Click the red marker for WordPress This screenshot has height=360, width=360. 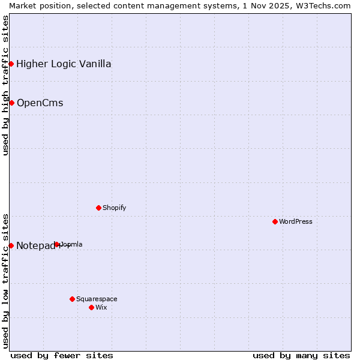point(275,221)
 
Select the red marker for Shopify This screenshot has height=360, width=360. point(98,208)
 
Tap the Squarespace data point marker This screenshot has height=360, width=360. point(72,299)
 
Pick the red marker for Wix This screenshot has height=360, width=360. point(91,307)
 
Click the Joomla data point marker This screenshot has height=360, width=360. point(57,244)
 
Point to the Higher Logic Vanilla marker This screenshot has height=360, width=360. point(11,64)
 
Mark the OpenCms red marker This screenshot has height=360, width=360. point(11,103)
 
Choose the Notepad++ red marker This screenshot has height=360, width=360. point(11,245)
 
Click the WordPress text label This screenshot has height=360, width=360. point(296,221)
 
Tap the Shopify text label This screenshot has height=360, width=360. point(114,208)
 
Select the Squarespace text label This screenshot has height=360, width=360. point(97,299)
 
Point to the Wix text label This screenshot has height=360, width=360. point(101,307)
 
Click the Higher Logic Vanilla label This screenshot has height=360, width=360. point(64,64)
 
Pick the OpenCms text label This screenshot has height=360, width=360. point(40,103)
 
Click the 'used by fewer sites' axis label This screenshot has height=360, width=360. point(62,355)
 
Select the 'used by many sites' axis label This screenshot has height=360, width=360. point(301,355)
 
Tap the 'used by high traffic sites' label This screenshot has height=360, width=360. point(5,85)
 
